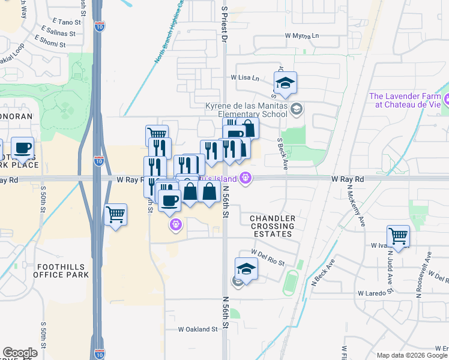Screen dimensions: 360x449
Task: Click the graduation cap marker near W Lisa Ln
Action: (286, 82)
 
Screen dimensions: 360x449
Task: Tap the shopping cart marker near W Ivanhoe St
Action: (398, 235)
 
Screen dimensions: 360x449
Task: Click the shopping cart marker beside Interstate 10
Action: (115, 214)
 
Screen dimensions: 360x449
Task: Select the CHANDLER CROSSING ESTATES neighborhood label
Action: (273, 226)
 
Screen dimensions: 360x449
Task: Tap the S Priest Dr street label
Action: (224, 25)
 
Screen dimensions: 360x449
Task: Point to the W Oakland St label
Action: (197, 329)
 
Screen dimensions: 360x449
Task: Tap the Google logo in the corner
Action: (20, 353)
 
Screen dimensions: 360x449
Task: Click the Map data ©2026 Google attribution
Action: (411, 355)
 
